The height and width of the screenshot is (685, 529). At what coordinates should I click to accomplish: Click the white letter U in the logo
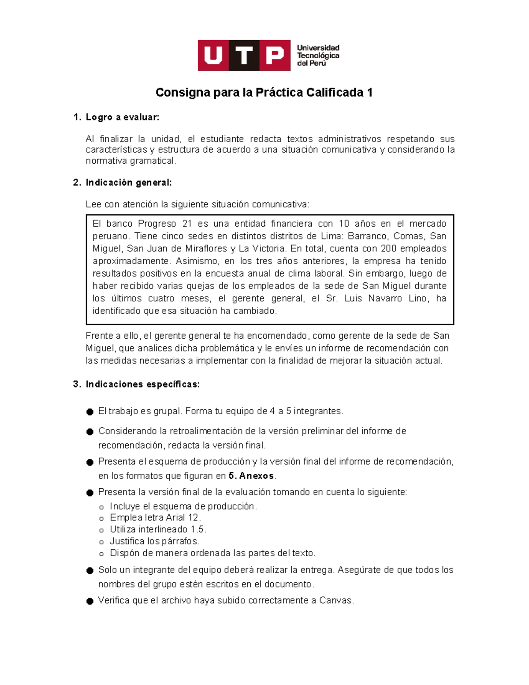(213, 56)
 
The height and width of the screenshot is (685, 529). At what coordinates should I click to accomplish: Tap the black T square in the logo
(244, 56)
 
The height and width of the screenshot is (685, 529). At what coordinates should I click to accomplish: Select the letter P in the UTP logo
(275, 56)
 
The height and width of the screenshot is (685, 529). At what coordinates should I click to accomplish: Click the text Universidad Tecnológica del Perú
(318, 56)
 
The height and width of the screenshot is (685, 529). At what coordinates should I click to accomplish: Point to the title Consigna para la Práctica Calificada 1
(264, 93)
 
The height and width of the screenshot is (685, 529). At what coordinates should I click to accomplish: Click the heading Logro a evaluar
(122, 117)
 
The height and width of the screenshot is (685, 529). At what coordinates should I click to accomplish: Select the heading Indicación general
(128, 183)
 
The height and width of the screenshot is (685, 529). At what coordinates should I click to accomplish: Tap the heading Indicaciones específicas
(142, 384)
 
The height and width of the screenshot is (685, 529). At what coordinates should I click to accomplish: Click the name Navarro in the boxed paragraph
(385, 298)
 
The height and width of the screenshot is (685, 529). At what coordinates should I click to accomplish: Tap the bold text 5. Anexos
(251, 476)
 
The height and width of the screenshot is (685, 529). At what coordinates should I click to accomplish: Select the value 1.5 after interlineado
(197, 529)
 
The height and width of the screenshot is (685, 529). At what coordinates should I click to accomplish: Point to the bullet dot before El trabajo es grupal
(90, 412)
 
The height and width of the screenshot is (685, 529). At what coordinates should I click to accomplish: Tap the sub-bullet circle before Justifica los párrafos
(102, 542)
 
